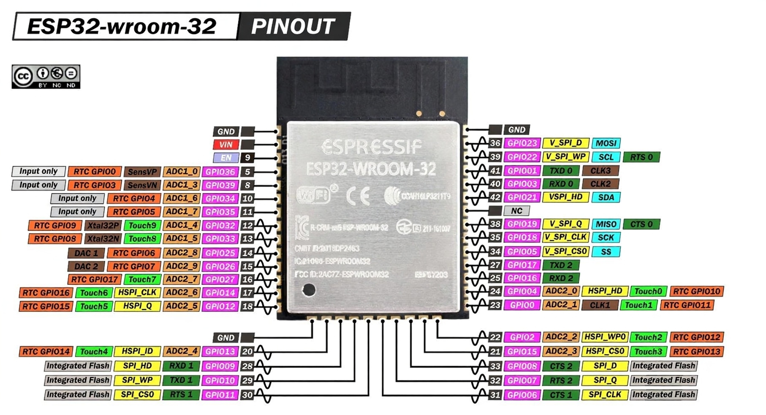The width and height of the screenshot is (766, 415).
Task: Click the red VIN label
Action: tap(226, 145)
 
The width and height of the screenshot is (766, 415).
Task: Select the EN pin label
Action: tap(226, 158)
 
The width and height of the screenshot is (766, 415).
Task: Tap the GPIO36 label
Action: tap(220, 172)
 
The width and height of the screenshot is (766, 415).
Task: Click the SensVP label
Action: tap(142, 172)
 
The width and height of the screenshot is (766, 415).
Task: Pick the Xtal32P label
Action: tap(103, 225)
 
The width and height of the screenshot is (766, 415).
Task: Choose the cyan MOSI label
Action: tap(606, 143)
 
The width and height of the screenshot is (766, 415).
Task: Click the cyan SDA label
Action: tap(606, 197)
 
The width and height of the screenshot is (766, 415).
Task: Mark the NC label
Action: tap(516, 210)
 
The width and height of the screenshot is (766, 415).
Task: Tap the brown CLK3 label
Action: tap(600, 171)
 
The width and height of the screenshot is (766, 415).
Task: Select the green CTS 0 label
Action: tap(641, 224)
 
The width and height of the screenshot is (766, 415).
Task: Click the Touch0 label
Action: tap(648, 291)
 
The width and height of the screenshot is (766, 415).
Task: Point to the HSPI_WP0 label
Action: tap(605, 337)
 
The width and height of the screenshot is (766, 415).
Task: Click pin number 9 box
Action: tap(247, 158)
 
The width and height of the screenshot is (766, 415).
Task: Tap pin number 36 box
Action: tap(495, 143)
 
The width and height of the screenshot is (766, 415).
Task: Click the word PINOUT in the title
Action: tap(293, 26)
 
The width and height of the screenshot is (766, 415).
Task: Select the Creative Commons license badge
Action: tap(46, 76)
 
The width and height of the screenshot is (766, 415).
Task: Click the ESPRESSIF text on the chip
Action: tap(371, 147)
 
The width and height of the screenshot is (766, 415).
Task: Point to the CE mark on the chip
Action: tap(358, 196)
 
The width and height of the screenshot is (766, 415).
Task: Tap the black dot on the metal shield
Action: tap(309, 290)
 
